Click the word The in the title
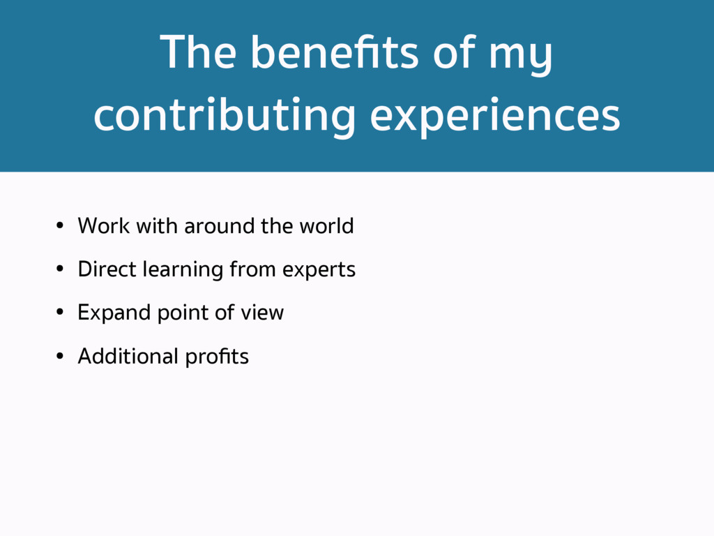(x=198, y=52)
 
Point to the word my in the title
(x=520, y=58)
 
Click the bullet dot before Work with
(x=60, y=225)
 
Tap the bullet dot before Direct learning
(x=60, y=269)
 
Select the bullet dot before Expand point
(x=60, y=312)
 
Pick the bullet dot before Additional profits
(x=60, y=356)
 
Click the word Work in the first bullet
(x=103, y=225)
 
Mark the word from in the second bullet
(x=252, y=269)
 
